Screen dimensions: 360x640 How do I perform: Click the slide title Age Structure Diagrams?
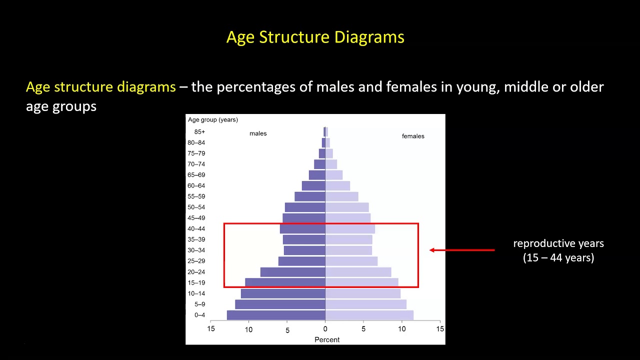[x=315, y=37]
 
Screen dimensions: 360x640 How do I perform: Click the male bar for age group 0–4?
[x=276, y=315]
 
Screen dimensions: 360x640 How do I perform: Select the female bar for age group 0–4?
[x=369, y=315]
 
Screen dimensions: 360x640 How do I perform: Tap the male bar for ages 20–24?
[x=292, y=272]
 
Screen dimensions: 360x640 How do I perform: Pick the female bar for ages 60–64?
[x=337, y=185]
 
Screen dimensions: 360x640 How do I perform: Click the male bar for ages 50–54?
[x=305, y=207]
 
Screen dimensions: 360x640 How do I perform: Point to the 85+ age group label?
[x=199, y=132]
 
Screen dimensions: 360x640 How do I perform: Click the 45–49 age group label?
[x=196, y=218]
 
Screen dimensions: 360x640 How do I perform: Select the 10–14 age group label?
[x=196, y=293]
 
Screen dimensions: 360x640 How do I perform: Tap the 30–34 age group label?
[x=196, y=250]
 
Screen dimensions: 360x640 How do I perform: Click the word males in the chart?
[x=258, y=133]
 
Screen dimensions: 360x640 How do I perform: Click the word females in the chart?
[x=413, y=136]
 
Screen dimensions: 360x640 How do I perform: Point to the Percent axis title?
[x=327, y=340]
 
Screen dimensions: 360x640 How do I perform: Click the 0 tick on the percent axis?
[x=325, y=329]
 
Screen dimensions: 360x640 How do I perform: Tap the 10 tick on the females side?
[x=401, y=329]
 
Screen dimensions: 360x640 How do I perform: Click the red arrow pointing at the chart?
[x=461, y=250]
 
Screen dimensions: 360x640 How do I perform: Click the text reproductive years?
[x=558, y=243]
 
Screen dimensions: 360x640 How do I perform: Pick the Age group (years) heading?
[x=212, y=119]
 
